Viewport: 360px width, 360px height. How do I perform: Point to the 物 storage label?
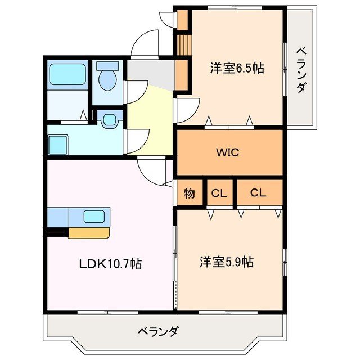[x=190, y=193]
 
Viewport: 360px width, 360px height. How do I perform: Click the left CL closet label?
[x=219, y=193]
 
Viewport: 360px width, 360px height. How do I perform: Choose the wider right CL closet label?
[x=258, y=193]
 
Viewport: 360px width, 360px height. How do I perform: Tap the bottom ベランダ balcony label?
[x=158, y=331]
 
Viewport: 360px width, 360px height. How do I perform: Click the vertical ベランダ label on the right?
[x=301, y=70]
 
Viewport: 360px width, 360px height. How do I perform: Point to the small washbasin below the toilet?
[x=110, y=120]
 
